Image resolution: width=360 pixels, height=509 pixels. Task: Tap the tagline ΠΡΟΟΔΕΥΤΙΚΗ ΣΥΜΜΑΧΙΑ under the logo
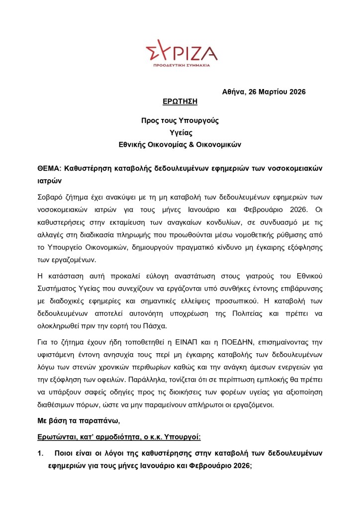tap(181, 65)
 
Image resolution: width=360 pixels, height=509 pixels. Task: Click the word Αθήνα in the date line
tap(233, 92)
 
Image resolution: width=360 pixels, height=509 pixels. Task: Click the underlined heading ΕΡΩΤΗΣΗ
tap(180, 102)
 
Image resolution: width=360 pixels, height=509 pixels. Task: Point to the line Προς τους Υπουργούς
tap(180, 120)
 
